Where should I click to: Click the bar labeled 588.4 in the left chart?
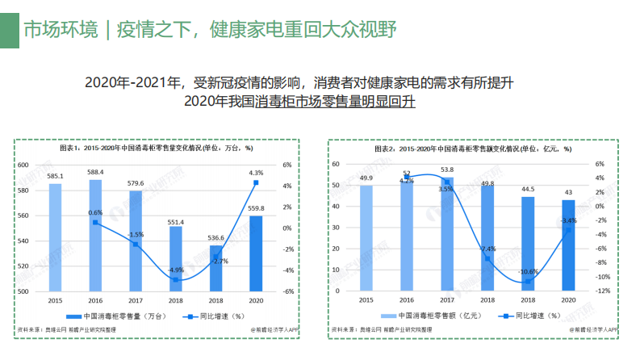coord(95,234)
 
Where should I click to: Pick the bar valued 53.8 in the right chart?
coord(446,234)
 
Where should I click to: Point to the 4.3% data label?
coord(256,173)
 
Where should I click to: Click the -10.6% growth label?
coord(527,271)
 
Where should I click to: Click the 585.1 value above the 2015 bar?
coord(55,176)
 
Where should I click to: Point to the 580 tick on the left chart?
coord(32,190)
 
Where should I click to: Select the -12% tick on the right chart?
coord(600,291)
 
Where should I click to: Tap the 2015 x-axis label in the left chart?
coord(55,300)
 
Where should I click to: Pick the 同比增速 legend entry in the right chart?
coord(527,316)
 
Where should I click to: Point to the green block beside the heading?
coord(9,30)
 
